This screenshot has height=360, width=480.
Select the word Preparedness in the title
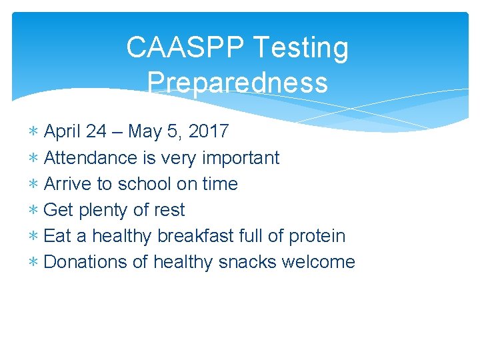click(237, 83)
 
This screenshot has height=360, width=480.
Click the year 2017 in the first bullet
click(209, 131)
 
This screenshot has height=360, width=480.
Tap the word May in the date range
click(144, 132)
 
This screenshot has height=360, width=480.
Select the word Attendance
click(90, 158)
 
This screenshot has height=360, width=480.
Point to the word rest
click(169, 210)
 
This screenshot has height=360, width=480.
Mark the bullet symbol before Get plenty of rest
click(33, 211)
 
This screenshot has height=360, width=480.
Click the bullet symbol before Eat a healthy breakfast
click(33, 237)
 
